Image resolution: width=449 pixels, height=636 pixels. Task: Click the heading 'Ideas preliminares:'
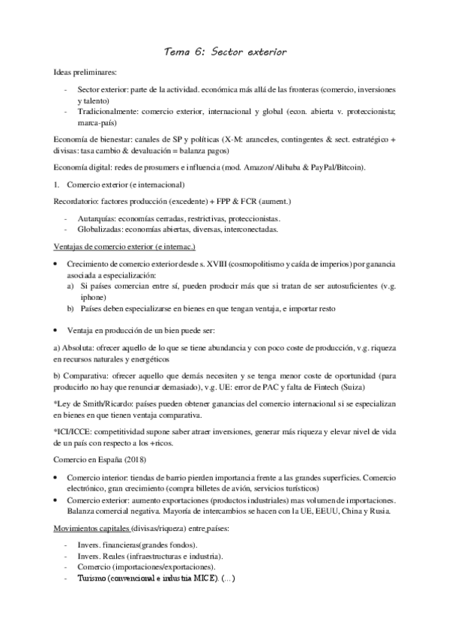click(85, 73)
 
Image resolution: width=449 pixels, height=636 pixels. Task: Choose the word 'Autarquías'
click(96, 219)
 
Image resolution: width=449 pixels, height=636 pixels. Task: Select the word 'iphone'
click(92, 297)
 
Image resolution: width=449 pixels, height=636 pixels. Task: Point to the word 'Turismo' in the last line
click(81, 579)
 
